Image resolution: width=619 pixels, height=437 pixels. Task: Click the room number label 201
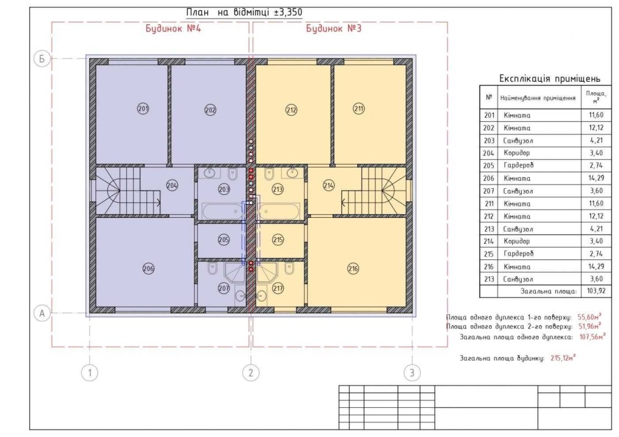(143, 108)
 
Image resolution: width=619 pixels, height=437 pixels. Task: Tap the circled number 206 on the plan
(149, 269)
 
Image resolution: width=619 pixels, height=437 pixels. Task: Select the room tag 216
(353, 269)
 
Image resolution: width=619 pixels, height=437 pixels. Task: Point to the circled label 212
(292, 110)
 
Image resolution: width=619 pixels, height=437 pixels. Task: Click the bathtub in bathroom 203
(222, 211)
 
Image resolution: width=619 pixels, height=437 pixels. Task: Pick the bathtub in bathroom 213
(279, 211)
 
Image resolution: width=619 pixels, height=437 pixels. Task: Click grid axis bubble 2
(251, 372)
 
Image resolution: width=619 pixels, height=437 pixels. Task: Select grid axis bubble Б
(42, 59)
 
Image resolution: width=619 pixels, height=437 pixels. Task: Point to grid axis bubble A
(42, 313)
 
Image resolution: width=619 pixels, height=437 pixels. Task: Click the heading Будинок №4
(173, 29)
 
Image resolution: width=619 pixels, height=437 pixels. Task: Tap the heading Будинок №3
(334, 29)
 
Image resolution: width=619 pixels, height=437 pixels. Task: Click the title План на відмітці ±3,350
(245, 12)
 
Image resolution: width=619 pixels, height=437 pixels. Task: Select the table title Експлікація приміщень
(550, 79)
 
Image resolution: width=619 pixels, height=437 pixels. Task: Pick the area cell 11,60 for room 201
(596, 115)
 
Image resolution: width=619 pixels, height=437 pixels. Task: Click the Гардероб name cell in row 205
(518, 165)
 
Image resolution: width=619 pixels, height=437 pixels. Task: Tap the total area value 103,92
(596, 292)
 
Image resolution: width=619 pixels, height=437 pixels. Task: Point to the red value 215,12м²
(563, 358)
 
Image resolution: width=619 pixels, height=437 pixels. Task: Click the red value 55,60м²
(589, 316)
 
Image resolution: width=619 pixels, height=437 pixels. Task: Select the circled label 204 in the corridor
(171, 185)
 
